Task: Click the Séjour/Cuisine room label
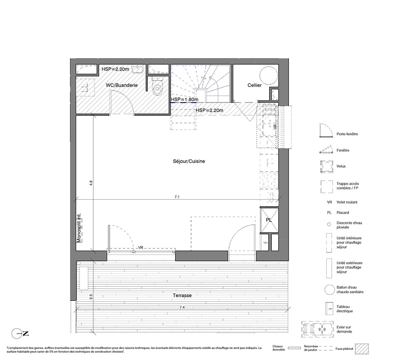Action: pyautogui.click(x=189, y=161)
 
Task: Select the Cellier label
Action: pyautogui.click(x=255, y=85)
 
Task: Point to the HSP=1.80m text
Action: pyautogui.click(x=185, y=100)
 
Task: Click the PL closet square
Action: pyautogui.click(x=269, y=220)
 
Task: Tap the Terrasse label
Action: pyautogui.click(x=182, y=295)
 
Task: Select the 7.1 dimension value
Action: pyautogui.click(x=177, y=197)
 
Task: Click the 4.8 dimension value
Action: pyautogui.click(x=91, y=183)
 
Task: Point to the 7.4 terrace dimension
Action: pyautogui.click(x=182, y=307)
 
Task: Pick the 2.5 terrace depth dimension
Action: pyautogui.click(x=91, y=297)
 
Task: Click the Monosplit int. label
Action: pyautogui.click(x=79, y=228)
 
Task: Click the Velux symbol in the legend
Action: pyautogui.click(x=327, y=166)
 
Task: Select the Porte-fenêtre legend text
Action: pyautogui.click(x=347, y=134)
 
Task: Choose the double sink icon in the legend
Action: pyautogui.click(x=318, y=328)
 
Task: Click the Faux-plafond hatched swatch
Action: pyautogui.click(x=362, y=349)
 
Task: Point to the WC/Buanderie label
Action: pyautogui.click(x=122, y=85)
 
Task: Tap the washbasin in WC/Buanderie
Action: pyautogui.click(x=138, y=69)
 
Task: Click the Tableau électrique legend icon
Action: pyautogui.click(x=329, y=309)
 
